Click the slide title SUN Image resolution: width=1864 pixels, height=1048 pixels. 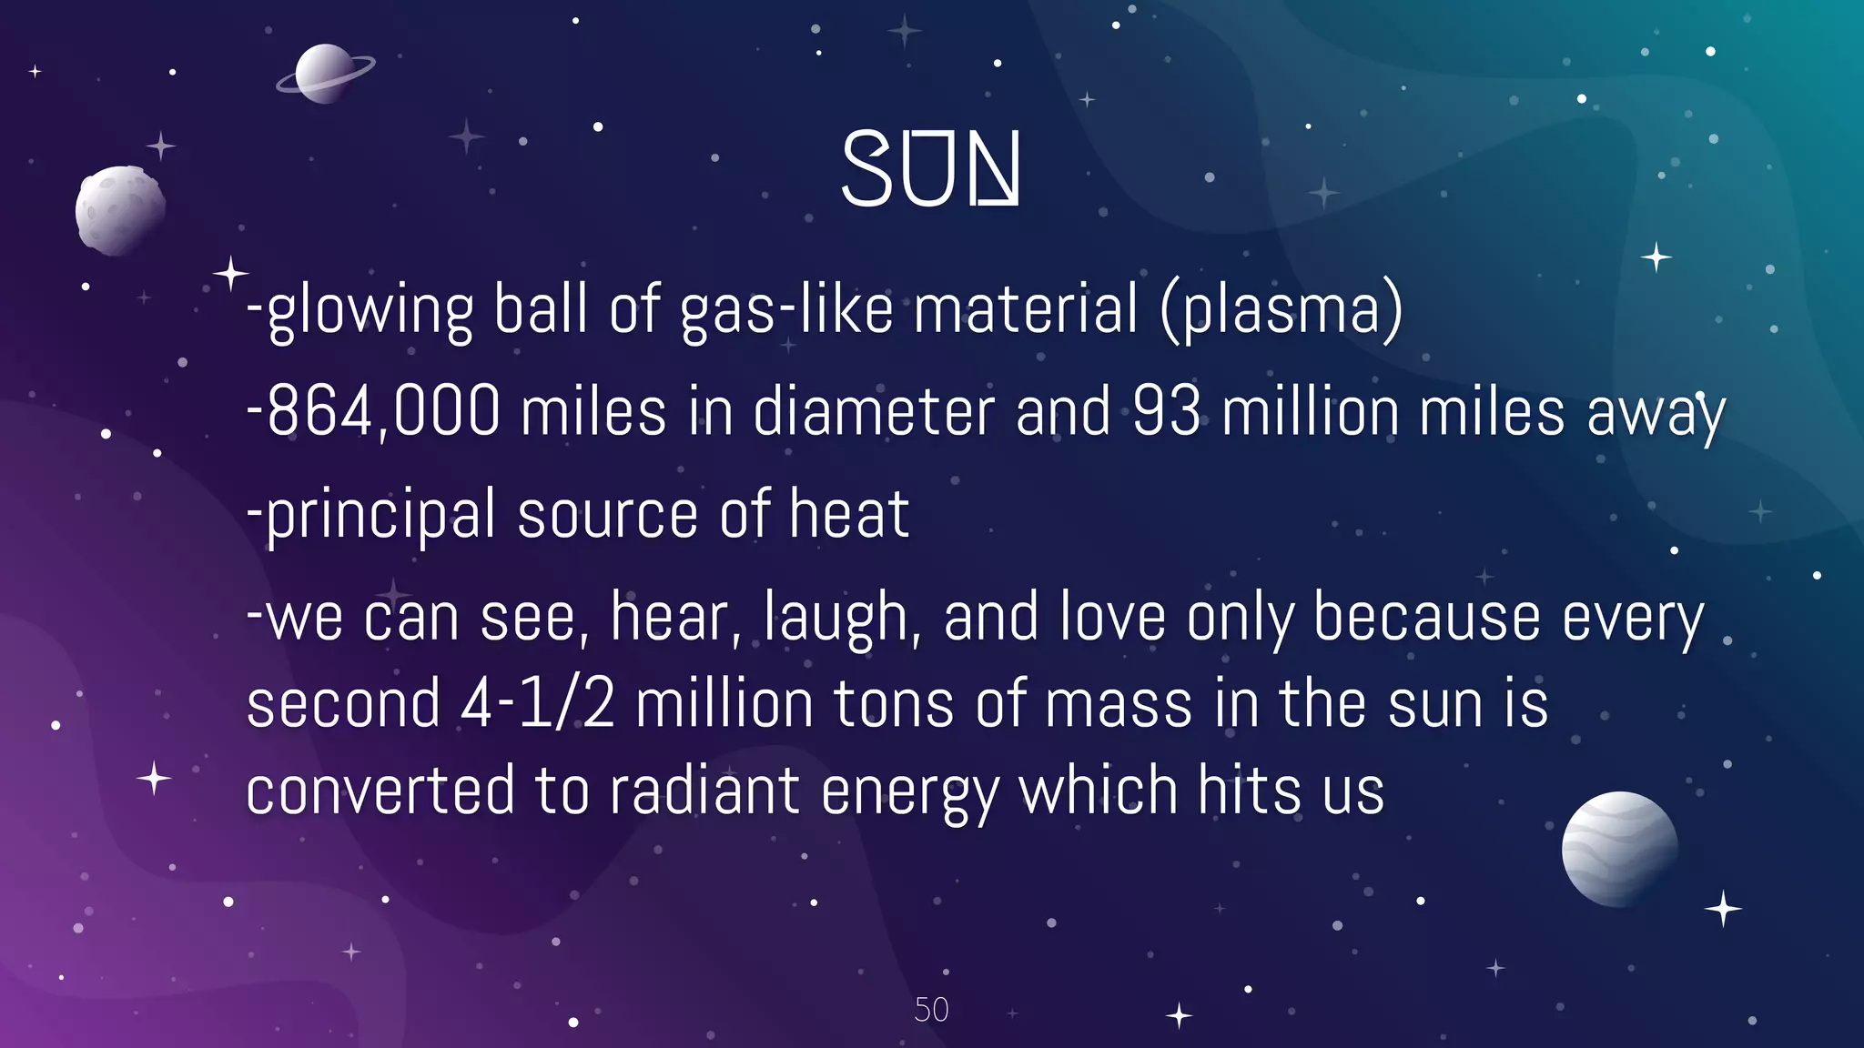[x=930, y=169]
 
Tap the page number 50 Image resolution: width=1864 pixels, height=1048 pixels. [x=931, y=1010]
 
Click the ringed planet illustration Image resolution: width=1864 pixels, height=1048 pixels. [x=325, y=73]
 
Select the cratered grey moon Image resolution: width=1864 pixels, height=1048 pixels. [x=120, y=210]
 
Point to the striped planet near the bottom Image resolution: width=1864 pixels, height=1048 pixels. [x=1619, y=849]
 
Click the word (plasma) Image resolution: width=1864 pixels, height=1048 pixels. [x=1281, y=309]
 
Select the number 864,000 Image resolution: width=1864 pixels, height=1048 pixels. [x=382, y=411]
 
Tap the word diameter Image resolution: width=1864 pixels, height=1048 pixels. [x=874, y=411]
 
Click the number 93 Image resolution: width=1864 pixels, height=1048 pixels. [x=1167, y=411]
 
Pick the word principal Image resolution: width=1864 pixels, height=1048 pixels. [x=380, y=515]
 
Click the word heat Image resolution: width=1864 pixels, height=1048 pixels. [x=848, y=515]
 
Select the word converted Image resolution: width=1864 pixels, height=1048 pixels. [x=380, y=791]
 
